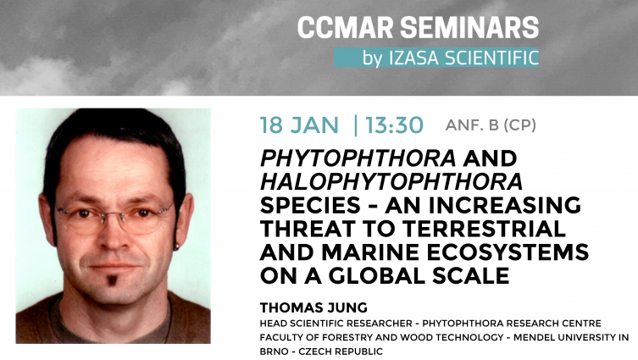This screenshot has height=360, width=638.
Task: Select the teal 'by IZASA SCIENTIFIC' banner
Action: point(436,58)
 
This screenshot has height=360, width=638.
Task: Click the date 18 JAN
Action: point(299,125)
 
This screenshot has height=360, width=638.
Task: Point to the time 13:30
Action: point(394,125)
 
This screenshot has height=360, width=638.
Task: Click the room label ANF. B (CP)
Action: point(491,125)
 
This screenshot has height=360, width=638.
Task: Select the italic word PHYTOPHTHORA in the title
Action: point(358,158)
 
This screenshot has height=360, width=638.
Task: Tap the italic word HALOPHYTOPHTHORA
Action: point(391,181)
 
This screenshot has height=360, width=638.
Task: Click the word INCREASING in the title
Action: point(484,205)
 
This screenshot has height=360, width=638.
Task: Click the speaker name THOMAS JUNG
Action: point(313,307)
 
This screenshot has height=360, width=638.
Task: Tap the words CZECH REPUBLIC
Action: point(341,351)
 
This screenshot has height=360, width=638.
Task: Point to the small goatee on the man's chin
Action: point(112,280)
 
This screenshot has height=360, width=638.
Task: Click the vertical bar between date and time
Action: point(356,125)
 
